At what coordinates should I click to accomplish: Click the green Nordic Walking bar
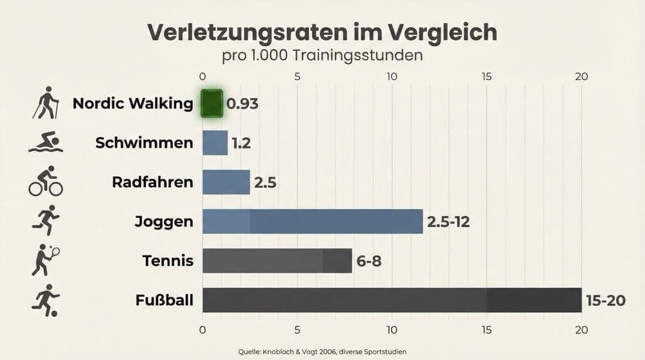tap(212, 104)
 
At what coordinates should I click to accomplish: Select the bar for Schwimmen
tap(215, 143)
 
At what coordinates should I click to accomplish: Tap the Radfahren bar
tap(226, 182)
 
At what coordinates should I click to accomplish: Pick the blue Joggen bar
tap(312, 221)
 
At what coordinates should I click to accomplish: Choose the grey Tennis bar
tap(277, 261)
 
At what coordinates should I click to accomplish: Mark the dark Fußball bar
tap(392, 300)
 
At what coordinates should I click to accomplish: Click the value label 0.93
tap(242, 104)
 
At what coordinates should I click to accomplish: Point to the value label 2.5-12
tap(448, 222)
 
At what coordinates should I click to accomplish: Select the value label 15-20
tap(605, 301)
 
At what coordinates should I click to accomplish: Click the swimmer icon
tap(45, 143)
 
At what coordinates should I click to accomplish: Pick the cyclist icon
tap(45, 181)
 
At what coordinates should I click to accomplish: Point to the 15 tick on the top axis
tap(486, 76)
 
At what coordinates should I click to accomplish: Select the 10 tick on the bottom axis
tap(392, 330)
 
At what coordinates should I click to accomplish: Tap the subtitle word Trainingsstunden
tap(357, 55)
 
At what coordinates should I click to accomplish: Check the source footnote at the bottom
tap(322, 352)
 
